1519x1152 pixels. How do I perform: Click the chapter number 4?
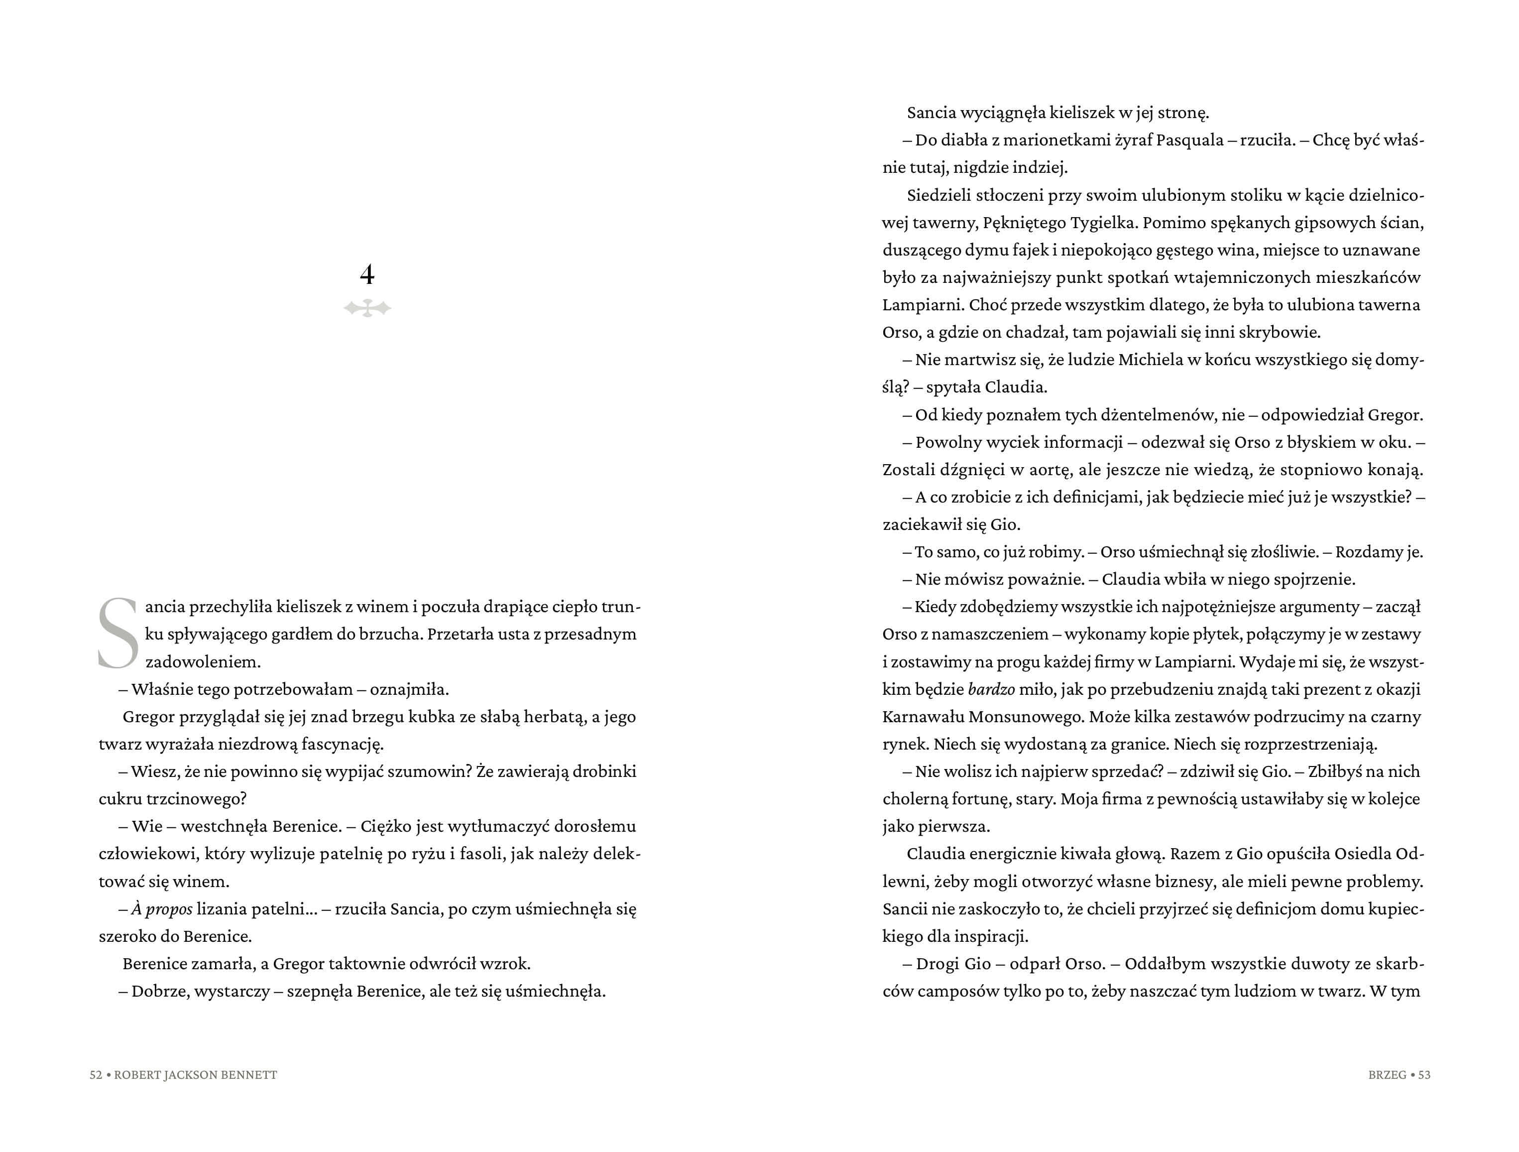[367, 275]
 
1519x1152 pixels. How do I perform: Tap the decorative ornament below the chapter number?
[367, 308]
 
